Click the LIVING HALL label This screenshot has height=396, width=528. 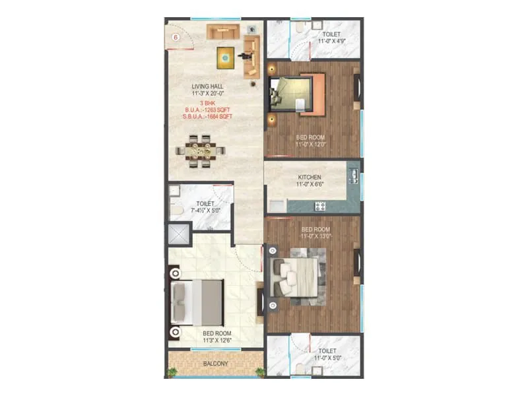tap(208, 86)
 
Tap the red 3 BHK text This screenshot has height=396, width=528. tap(208, 103)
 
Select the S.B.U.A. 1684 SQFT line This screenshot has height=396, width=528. tap(208, 117)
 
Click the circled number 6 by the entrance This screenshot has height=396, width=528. tap(176, 37)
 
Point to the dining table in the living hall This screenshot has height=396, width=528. tap(197, 150)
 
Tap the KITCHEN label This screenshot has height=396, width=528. tap(310, 178)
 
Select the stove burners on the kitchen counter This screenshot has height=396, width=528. tap(320, 206)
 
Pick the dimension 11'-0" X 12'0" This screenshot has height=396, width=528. tap(312, 143)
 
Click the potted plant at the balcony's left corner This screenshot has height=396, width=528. tap(174, 372)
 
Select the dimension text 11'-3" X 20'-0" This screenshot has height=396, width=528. tap(208, 94)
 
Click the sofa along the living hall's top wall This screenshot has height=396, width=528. tap(224, 32)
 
